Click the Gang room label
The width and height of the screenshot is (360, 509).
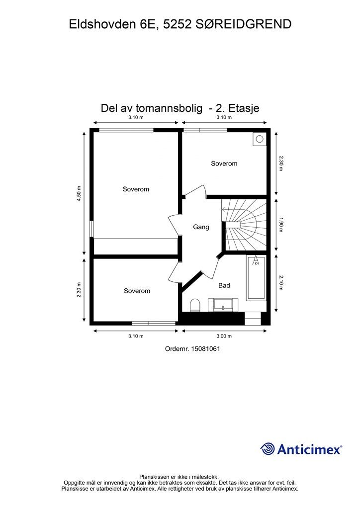coord(201,227)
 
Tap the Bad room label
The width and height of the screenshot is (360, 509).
coord(224,286)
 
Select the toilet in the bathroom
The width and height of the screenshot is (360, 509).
coord(195,304)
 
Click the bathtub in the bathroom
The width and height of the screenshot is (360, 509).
coord(256,278)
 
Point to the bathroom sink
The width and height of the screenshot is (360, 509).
coord(226,304)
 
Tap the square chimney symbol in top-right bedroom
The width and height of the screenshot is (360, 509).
coord(259,139)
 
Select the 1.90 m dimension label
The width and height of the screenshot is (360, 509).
coord(281,225)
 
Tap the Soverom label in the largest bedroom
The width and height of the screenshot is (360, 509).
coord(136,189)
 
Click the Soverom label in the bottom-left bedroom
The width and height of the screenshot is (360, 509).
coord(137,291)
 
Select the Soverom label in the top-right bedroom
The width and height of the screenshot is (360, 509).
coord(224,164)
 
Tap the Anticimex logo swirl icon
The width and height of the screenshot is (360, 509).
coord(268,449)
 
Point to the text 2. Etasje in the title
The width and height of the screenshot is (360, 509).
coord(237,108)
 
